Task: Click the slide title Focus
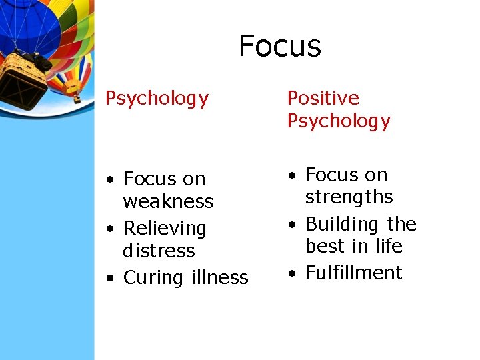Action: tap(280, 46)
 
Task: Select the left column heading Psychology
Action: tap(157, 99)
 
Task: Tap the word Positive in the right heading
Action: tap(323, 98)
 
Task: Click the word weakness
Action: tap(168, 201)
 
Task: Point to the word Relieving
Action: tap(165, 228)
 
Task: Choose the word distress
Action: tap(159, 251)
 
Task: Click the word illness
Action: tap(217, 277)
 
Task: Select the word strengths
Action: tap(349, 197)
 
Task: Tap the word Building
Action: tap(343, 224)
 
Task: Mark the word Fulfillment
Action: tap(353, 273)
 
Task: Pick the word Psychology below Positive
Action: tap(338, 121)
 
